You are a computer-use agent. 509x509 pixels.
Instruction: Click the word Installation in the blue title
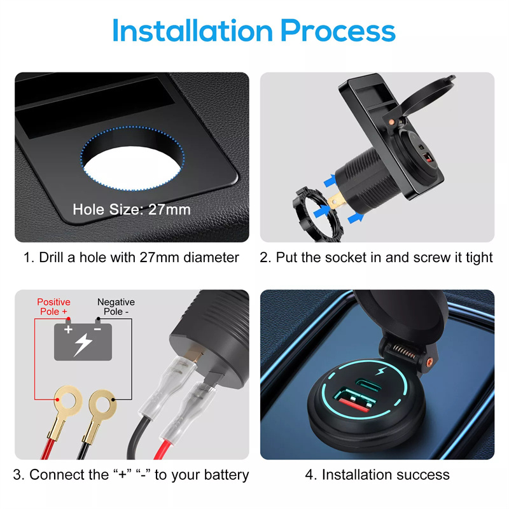(x=193, y=31)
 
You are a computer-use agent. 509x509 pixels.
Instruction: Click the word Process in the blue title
(x=338, y=31)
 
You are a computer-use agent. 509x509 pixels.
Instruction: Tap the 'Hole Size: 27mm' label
(x=132, y=209)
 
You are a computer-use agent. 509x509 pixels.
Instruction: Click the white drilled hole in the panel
(x=132, y=168)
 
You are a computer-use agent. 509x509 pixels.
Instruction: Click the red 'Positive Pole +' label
(x=53, y=307)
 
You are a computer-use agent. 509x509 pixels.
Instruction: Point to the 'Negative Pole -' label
(x=116, y=307)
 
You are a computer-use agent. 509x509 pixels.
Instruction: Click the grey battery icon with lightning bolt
(x=83, y=341)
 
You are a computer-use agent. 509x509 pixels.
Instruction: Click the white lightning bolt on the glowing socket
(x=380, y=370)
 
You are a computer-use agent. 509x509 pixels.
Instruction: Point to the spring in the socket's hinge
(x=403, y=352)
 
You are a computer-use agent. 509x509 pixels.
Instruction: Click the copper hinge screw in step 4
(x=430, y=361)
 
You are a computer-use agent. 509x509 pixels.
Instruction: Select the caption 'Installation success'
(x=386, y=475)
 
